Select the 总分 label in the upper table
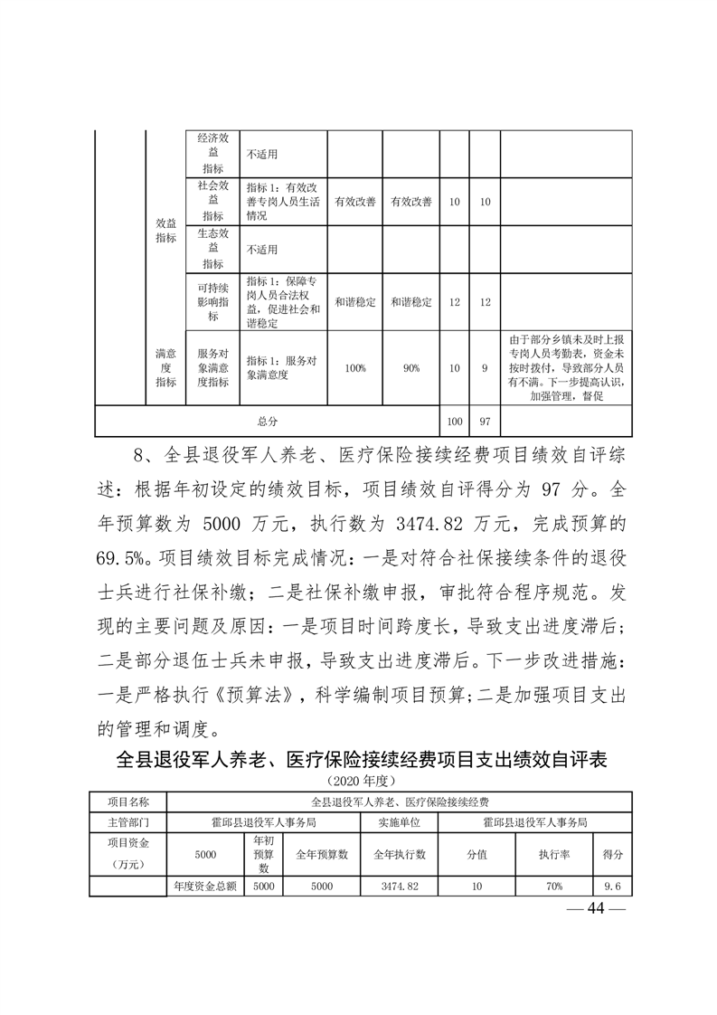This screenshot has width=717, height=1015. [x=268, y=422]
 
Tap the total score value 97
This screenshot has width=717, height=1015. [x=485, y=422]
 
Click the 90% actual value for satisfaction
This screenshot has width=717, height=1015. [x=410, y=368]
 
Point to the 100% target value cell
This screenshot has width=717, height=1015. [x=354, y=368]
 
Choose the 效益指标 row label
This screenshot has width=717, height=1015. [x=165, y=230]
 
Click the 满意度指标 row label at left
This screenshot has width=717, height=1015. [x=165, y=368]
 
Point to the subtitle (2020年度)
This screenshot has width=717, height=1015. [x=358, y=779]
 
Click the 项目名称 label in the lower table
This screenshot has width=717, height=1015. [x=127, y=802]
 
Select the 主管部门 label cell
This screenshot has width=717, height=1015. [x=127, y=822]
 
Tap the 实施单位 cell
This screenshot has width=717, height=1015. [x=399, y=822]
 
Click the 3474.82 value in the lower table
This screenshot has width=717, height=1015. [x=399, y=887]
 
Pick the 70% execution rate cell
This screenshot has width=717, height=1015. [x=552, y=887]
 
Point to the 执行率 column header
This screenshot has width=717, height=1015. [x=552, y=854]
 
